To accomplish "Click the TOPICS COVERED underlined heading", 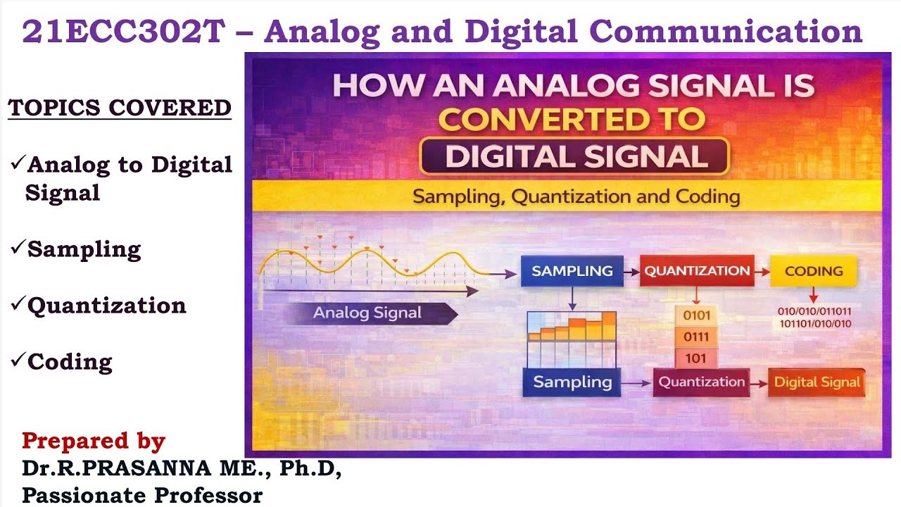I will (120, 108).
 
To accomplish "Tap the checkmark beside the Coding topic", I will (18, 361).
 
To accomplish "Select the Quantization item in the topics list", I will (106, 306).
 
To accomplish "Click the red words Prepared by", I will (94, 442).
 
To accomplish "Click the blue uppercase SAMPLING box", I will (572, 271).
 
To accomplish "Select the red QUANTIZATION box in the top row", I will (697, 271).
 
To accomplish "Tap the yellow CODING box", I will (813, 271).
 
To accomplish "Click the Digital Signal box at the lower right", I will (817, 382).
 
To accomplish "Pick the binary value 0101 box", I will (696, 315).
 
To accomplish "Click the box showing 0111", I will (696, 337).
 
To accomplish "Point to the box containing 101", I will (696, 358).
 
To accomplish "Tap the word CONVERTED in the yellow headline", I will (572, 118).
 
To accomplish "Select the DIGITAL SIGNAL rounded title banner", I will (574, 156).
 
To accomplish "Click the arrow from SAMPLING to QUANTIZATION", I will (631, 271).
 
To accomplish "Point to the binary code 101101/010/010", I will (814, 324).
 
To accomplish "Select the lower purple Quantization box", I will (701, 382).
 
